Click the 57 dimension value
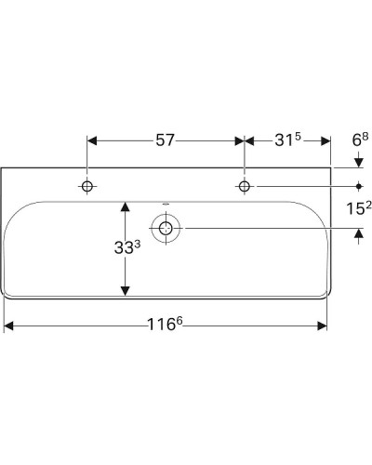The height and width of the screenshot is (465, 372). [x=165, y=141]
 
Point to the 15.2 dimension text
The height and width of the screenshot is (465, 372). [x=357, y=210]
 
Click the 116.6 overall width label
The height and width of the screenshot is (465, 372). [x=168, y=325]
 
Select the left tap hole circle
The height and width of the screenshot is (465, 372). [x=86, y=187]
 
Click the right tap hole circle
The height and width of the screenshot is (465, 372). [x=245, y=187]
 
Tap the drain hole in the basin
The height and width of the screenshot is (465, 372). [x=166, y=228]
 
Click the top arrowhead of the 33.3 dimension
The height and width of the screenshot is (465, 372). [x=124, y=205]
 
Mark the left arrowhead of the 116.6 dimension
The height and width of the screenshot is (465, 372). [x=9, y=325]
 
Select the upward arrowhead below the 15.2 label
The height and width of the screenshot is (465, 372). [x=358, y=234]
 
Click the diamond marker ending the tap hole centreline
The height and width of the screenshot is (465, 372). [x=358, y=187]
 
